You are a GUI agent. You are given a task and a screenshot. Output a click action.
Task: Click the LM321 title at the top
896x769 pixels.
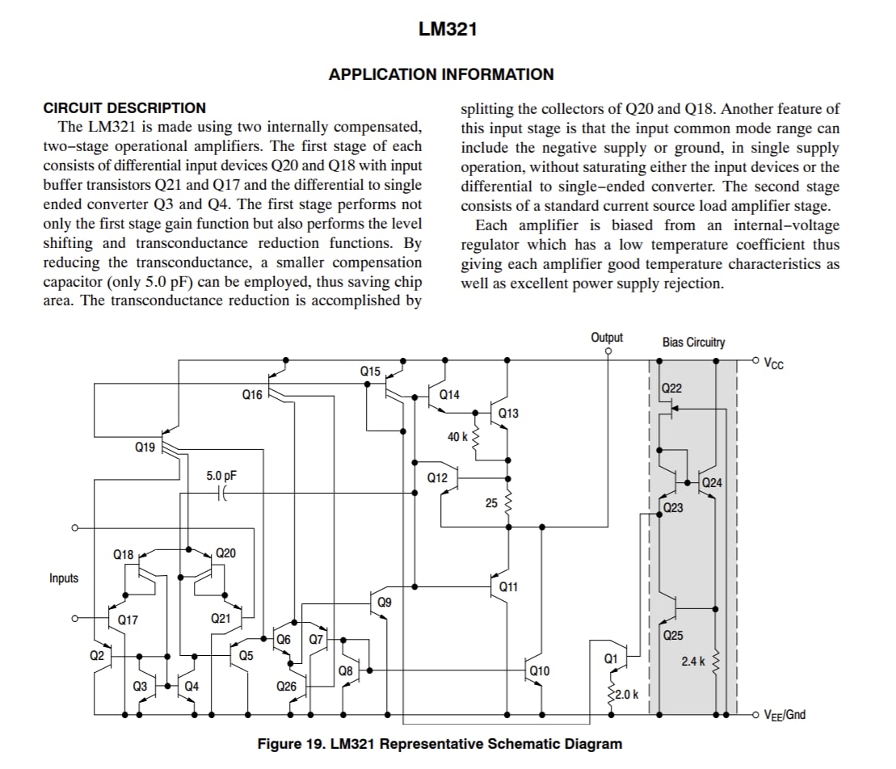pos(448,29)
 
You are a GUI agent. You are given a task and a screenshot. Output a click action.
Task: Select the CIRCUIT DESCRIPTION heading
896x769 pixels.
pos(124,108)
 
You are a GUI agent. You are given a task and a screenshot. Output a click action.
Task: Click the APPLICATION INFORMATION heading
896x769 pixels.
pos(441,74)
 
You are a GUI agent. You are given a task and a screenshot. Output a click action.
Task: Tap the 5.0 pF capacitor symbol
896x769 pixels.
pos(222,493)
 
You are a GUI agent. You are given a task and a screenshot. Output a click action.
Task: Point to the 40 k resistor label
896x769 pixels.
pos(457,437)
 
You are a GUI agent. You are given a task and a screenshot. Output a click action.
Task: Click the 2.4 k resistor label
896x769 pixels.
pos(693,661)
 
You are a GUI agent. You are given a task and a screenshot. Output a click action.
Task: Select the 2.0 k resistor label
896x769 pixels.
pos(627,695)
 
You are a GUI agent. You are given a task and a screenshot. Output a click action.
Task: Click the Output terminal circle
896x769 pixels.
pos(608,351)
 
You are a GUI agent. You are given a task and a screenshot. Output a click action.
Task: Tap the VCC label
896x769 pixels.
pos(774,364)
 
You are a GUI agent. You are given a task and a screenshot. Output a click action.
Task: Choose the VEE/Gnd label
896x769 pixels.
pos(785,715)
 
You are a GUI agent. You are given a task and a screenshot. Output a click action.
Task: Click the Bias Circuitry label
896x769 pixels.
pos(694,342)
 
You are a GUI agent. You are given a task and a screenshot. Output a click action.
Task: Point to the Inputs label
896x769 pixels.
pos(64,578)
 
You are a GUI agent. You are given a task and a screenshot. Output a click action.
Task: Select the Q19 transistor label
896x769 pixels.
pos(145,448)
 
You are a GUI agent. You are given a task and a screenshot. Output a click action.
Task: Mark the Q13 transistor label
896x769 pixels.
pos(508,413)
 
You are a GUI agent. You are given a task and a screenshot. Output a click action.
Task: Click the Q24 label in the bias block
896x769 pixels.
pos(712,483)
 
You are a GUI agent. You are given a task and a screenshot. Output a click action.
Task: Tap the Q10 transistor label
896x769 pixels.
pos(540,670)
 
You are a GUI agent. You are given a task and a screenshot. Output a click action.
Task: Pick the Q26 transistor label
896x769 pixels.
pos(286,686)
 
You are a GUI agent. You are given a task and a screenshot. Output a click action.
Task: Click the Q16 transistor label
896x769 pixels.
pos(252,395)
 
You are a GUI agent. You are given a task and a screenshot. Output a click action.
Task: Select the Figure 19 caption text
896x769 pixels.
pos(440,744)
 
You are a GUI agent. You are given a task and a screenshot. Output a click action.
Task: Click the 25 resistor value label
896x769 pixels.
pos(491,503)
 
